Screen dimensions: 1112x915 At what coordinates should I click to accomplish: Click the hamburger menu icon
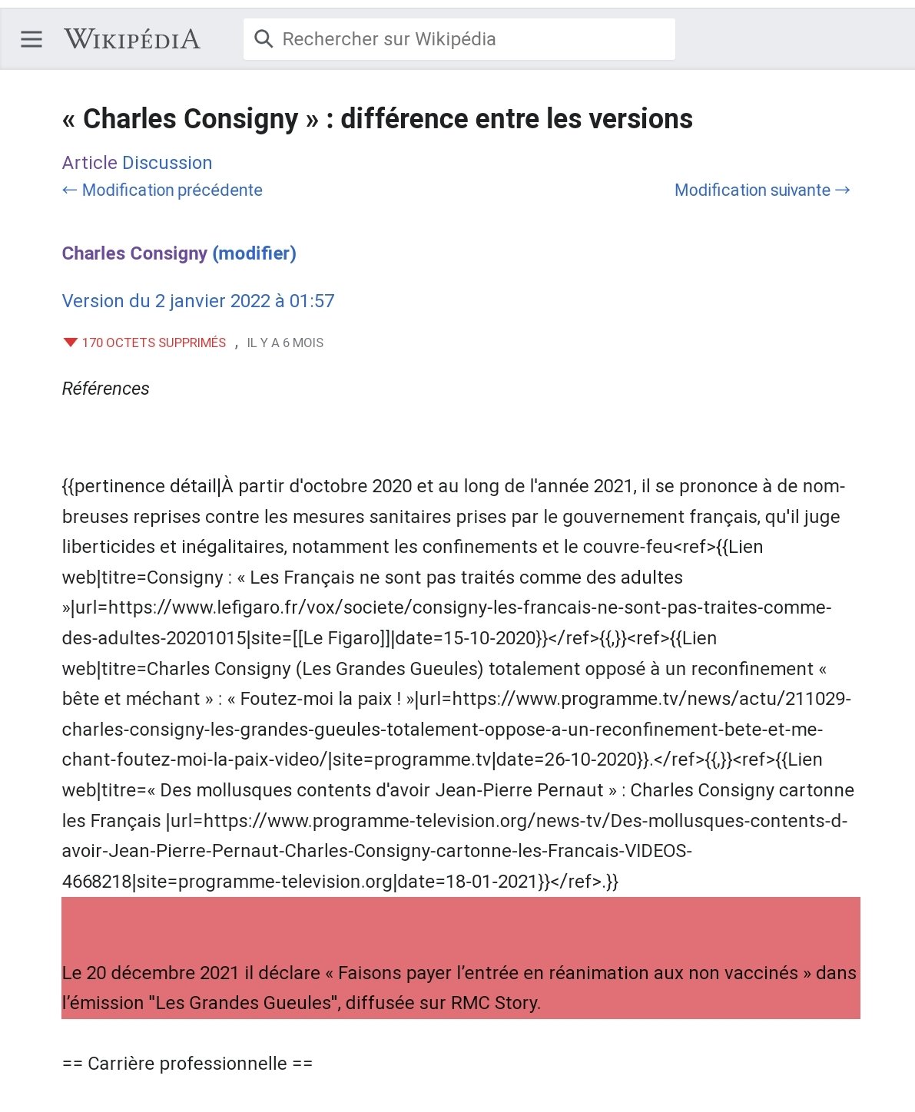tap(31, 39)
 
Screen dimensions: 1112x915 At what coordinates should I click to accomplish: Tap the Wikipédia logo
tap(132, 39)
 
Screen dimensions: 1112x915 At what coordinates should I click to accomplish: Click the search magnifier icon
tap(264, 39)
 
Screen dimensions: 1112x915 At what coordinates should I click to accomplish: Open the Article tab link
tap(89, 163)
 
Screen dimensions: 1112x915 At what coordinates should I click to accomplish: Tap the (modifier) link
tap(254, 253)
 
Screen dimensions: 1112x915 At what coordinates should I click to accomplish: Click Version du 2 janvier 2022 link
tap(198, 301)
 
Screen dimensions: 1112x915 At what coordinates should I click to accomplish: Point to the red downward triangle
tap(71, 343)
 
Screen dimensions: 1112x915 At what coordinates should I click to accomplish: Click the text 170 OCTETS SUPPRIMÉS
tap(154, 343)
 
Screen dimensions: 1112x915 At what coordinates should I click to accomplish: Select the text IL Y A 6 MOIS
tap(285, 343)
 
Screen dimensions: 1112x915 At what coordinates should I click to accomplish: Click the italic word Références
tap(106, 389)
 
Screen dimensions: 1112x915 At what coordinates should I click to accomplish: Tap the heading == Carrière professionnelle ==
tap(187, 1064)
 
